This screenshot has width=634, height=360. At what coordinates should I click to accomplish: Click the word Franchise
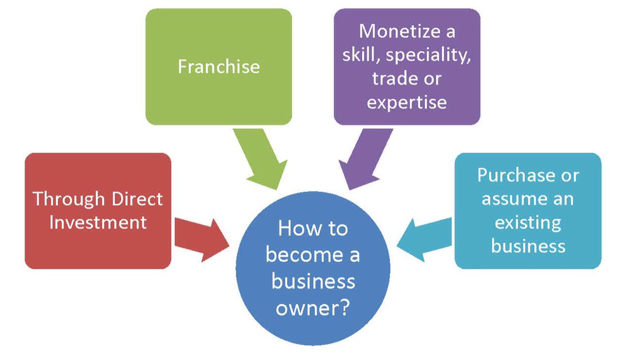tap(218, 66)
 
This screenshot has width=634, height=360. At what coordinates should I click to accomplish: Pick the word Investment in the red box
tap(98, 222)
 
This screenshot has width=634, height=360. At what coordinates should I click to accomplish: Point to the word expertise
tap(406, 101)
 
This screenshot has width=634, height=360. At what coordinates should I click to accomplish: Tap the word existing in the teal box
tap(527, 222)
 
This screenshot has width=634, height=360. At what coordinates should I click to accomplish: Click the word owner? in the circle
tap(313, 309)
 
